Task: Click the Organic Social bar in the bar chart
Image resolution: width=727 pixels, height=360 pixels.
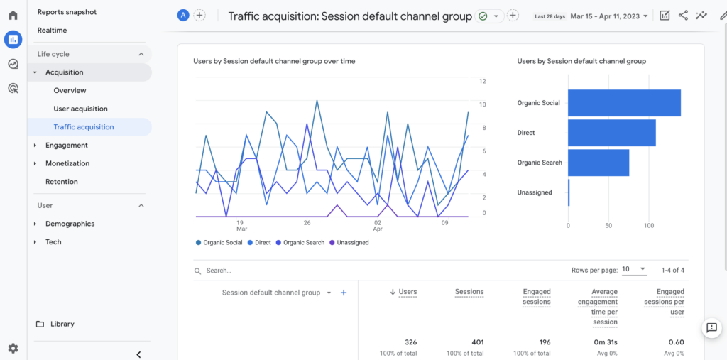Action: pos(624,103)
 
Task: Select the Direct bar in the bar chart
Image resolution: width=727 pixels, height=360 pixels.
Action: pos(611,133)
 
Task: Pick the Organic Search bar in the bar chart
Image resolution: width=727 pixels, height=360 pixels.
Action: pos(598,163)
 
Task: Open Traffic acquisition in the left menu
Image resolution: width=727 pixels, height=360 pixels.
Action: pos(84,127)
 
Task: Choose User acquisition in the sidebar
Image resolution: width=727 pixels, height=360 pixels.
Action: pos(81,109)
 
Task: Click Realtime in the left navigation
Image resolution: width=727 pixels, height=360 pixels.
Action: pos(53,31)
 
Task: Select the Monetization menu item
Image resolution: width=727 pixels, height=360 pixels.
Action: pos(67,163)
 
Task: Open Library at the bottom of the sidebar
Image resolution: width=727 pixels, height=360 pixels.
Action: pos(62,324)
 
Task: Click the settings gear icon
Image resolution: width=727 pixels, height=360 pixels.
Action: pos(13,348)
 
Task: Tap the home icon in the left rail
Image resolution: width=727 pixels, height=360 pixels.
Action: pos(13,15)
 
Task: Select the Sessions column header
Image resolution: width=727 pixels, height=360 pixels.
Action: pos(469,292)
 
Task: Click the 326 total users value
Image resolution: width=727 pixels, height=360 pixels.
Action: pos(410,342)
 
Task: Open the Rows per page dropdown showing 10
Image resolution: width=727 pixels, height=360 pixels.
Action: pos(634,270)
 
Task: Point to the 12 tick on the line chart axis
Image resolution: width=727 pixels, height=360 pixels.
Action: pos(483,82)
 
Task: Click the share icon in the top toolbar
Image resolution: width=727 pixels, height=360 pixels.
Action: pos(683,16)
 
